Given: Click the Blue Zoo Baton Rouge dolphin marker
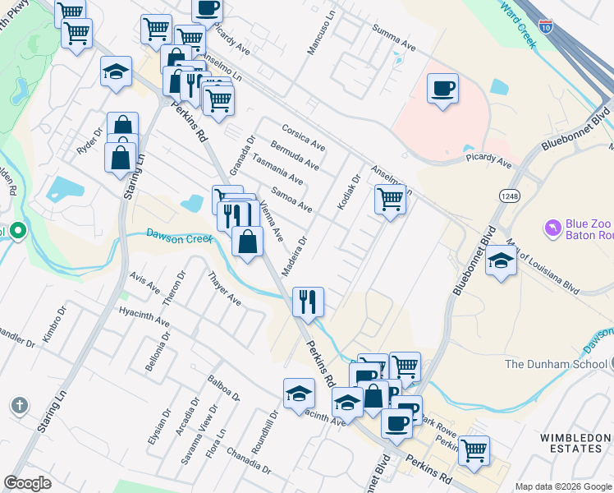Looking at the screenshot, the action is pos(553,225).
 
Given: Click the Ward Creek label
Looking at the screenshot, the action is pos(517,23).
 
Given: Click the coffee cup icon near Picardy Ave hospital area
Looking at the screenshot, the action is pos(442,88).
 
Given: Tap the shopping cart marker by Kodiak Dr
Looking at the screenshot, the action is pos(390,199).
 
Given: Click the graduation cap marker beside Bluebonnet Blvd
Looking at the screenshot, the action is pos(500,261).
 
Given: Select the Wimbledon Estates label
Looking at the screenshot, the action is pos(574,443).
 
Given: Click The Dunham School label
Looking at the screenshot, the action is pos(555,364).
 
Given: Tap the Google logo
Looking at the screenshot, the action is pos(28,483).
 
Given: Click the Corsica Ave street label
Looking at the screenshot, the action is pos(303,138).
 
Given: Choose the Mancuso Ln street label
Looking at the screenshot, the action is pos(323,33).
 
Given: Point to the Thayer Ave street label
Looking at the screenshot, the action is pos(224,289).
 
